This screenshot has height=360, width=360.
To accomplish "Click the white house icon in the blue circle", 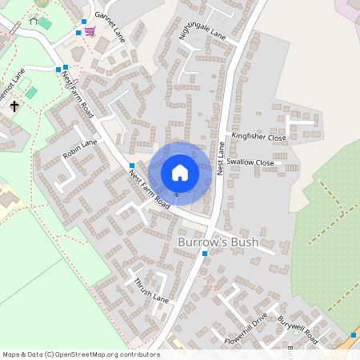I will click(180, 172).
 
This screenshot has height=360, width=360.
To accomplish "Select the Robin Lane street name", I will click(80, 149).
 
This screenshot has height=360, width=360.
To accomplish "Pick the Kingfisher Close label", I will click(258, 138).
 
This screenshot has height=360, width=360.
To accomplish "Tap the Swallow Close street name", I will click(250, 162).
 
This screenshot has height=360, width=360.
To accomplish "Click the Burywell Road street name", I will click(298, 329).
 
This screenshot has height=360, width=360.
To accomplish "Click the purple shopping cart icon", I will click(90, 32).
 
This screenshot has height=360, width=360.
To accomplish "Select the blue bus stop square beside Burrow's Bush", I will click(206, 254).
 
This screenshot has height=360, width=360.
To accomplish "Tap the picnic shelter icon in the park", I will click(34, 21).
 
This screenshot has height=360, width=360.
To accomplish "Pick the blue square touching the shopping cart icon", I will click(78, 33).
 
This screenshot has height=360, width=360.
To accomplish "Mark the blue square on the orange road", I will click(354, 334).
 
